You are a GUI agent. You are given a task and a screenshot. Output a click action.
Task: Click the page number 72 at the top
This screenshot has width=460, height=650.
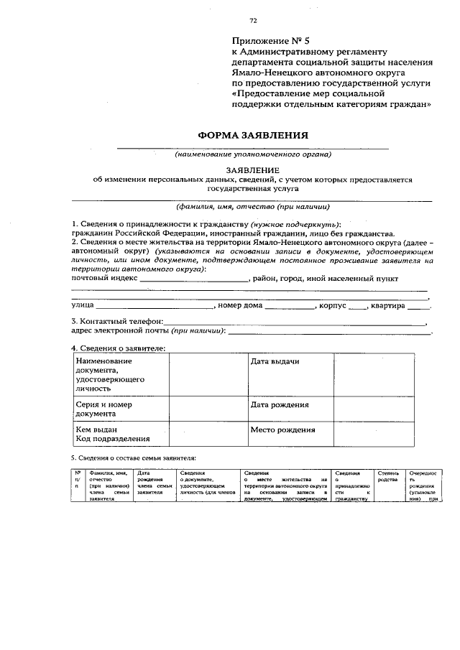253,20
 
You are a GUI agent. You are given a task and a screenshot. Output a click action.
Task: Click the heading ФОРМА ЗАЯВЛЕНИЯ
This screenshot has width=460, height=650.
253,135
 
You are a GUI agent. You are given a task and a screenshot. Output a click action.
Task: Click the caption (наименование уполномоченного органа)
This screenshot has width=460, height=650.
253,154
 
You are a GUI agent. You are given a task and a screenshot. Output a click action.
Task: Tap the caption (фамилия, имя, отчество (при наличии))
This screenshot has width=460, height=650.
253,207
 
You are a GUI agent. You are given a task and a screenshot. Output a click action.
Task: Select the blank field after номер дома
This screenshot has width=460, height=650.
290,306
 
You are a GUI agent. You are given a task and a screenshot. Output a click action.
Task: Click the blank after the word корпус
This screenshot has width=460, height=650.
357,306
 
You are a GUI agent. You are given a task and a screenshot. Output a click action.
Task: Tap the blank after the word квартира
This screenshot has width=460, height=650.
418,306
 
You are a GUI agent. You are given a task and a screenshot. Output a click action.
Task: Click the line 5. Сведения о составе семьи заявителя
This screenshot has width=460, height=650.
133,458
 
